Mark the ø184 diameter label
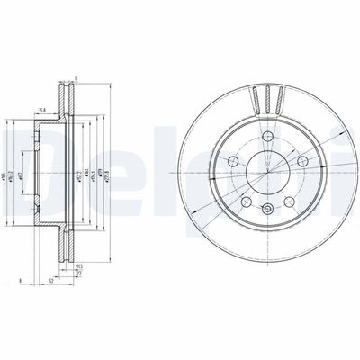[8, 167]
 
